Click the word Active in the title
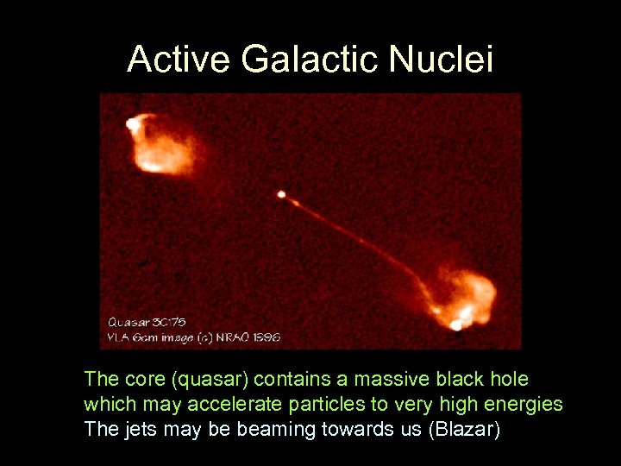[x=179, y=60]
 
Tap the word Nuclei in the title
[x=441, y=60]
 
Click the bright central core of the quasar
[x=281, y=194]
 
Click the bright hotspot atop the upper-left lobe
[x=133, y=124]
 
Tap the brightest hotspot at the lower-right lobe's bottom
[x=455, y=324]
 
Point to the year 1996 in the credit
[x=267, y=337]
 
